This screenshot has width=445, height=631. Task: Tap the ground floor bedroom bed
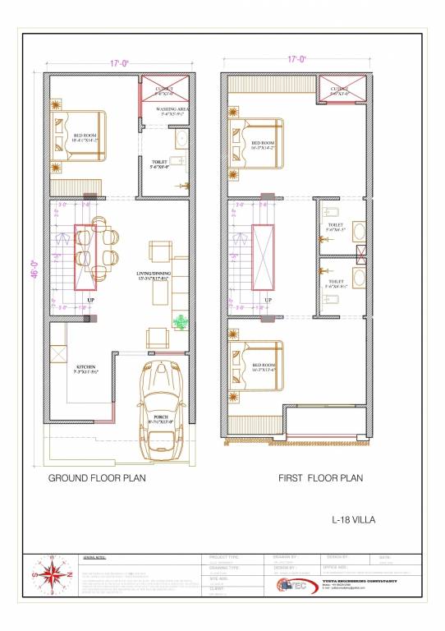tap(77, 136)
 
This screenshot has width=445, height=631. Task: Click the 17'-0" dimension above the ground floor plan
tap(122, 62)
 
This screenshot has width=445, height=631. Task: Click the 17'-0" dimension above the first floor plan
tap(297, 58)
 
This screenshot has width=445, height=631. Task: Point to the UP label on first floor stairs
tap(268, 301)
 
